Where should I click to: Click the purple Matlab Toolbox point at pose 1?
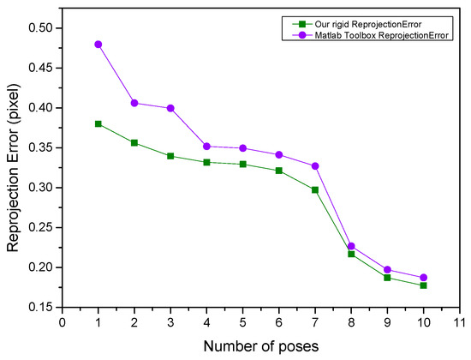(x=98, y=44)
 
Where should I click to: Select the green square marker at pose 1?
(x=98, y=123)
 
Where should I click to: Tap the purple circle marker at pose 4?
(x=206, y=147)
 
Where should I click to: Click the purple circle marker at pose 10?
(x=423, y=278)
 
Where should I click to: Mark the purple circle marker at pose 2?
(x=134, y=103)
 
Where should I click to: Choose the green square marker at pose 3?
(x=170, y=156)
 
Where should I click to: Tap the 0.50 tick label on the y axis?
(x=40, y=28)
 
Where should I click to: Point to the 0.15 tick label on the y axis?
(x=40, y=307)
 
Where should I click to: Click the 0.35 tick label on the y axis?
(x=40, y=148)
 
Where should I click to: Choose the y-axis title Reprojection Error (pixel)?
(x=15, y=167)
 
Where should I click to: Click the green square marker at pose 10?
(x=423, y=285)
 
